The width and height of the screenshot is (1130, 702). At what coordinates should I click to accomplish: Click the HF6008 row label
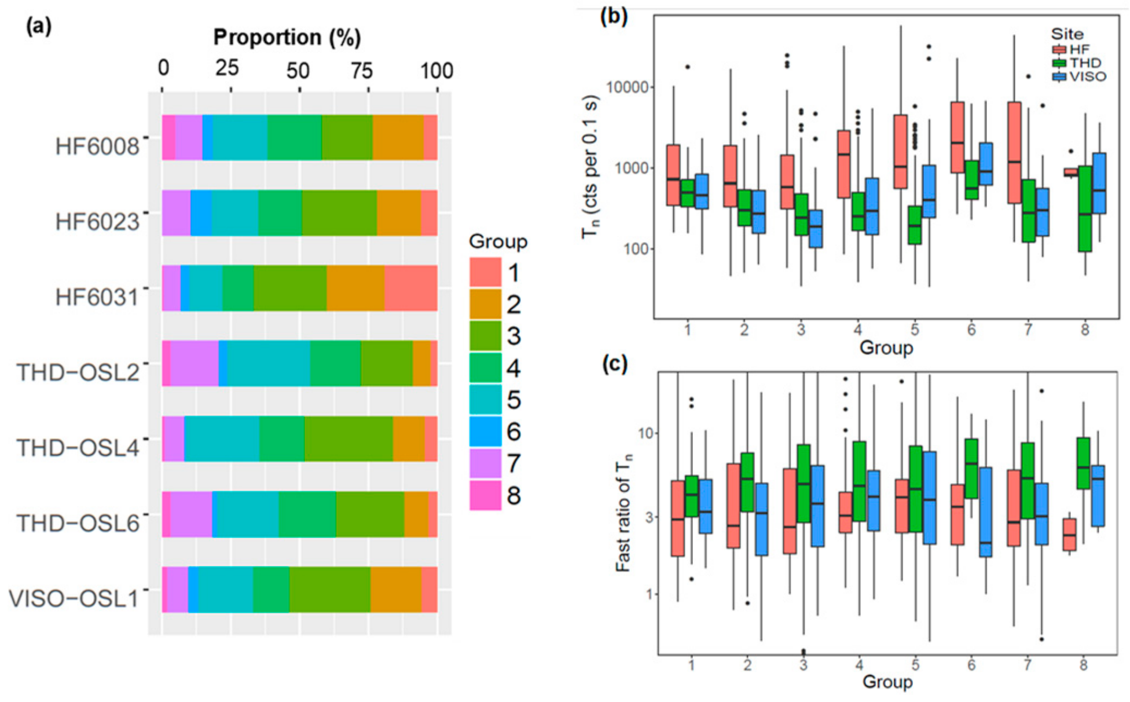coord(97,147)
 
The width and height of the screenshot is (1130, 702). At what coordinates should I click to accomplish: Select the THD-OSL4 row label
coord(78,448)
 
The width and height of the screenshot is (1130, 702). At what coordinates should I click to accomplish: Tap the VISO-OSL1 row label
coord(74,598)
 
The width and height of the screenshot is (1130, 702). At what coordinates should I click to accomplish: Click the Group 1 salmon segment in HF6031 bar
coord(410,288)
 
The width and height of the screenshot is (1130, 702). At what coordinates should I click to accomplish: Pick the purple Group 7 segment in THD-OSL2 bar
coord(194,363)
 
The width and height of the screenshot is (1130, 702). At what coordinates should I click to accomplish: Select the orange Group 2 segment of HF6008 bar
coord(398,137)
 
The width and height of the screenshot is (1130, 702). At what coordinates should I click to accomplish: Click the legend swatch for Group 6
coord(485,432)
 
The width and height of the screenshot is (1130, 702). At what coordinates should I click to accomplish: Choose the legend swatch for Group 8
coord(485,495)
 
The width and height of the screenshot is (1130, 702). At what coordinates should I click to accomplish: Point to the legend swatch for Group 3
coord(485,336)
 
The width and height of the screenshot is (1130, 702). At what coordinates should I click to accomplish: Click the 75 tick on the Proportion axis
coord(362,71)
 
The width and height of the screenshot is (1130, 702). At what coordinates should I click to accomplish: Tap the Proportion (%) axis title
coord(287,37)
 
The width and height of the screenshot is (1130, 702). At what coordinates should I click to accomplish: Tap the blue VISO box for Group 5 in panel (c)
coord(929,498)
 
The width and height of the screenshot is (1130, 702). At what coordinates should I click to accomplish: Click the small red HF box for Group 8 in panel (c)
coord(1069,534)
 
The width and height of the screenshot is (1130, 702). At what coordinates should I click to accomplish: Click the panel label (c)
coord(614,364)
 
